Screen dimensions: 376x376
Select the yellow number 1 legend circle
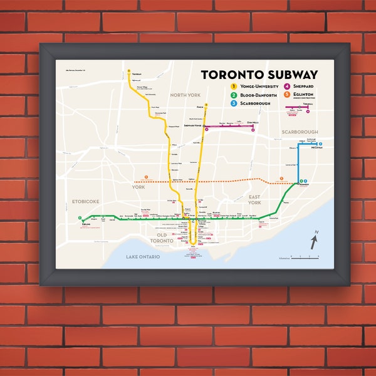click(234, 86)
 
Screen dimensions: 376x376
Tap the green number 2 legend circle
click(234, 94)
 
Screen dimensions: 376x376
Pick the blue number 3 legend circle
click(234, 102)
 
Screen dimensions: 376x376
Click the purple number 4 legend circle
click(286, 86)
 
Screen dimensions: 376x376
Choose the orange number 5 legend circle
click(286, 95)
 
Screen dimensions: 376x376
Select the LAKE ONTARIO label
click(143, 257)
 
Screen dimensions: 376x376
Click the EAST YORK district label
click(254, 201)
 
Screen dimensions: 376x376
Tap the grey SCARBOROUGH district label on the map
click(300, 132)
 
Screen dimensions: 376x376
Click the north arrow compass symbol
click(315, 239)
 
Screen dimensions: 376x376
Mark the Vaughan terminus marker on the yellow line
click(128, 70)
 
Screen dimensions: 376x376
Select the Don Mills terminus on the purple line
click(253, 129)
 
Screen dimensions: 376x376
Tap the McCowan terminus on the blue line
click(320, 145)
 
